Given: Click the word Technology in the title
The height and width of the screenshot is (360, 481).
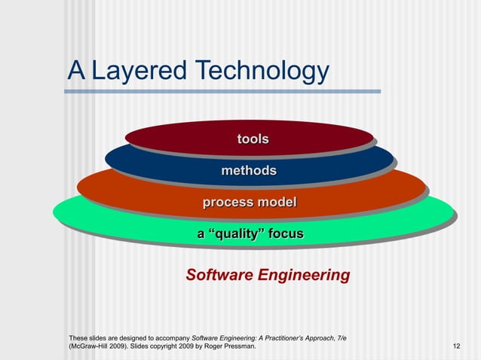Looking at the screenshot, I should click(262, 72).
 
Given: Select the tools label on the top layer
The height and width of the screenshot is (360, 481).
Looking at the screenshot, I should click(253, 139).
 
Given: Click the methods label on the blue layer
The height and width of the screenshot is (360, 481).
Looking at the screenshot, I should click(249, 171).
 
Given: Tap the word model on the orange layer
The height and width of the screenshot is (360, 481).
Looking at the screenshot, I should click(277, 203).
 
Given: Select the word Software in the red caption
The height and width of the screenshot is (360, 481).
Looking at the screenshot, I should click(219, 275).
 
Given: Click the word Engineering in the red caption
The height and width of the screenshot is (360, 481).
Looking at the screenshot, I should click(304, 275).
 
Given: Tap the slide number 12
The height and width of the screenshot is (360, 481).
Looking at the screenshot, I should click(456, 346).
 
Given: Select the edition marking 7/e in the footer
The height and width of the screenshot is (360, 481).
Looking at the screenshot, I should click(342, 337).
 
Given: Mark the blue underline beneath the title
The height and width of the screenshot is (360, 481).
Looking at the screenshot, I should click(222, 92).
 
